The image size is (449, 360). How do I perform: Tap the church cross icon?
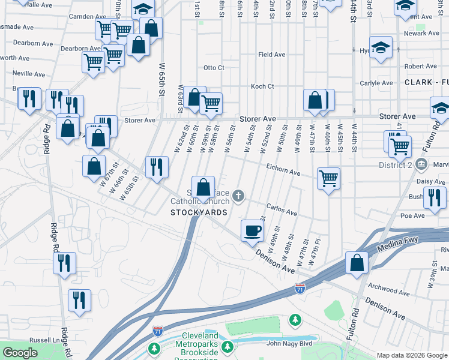[239, 194]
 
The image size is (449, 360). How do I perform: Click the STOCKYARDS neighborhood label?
[199, 212]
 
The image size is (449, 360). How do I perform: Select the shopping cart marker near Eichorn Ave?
[329, 178]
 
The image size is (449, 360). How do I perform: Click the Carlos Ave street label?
[282, 212]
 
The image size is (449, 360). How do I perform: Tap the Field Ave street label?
[271, 55]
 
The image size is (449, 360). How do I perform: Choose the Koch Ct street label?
[262, 86]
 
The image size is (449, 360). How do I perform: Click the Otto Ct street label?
[214, 68]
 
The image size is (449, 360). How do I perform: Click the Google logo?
[20, 353]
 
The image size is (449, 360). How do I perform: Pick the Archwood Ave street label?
[390, 291]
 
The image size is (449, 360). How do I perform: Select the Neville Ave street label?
[29, 74]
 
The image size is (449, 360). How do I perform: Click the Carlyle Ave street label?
[376, 83]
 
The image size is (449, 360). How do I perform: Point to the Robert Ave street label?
[420, 67]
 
